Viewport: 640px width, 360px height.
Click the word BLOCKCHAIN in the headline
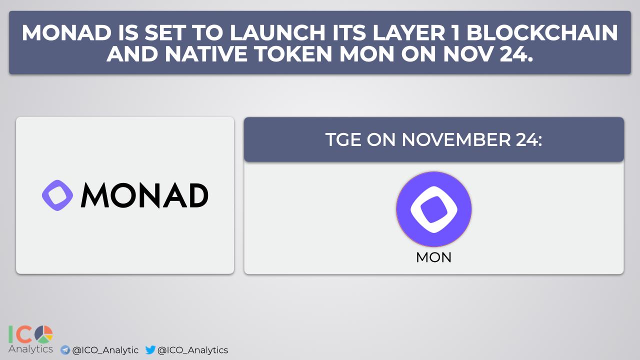click(542, 32)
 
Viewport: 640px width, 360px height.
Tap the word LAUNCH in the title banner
click(277, 32)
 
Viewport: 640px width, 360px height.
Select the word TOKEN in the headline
click(293, 54)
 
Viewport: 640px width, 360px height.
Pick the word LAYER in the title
click(409, 32)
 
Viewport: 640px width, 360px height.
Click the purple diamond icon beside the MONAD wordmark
click(57, 195)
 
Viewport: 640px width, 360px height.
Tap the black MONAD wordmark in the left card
click(144, 195)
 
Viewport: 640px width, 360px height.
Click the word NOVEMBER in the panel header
click(456, 139)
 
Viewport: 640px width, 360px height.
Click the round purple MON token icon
click(433, 209)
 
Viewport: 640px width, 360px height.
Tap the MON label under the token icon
click(433, 257)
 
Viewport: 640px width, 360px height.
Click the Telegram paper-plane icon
click(65, 350)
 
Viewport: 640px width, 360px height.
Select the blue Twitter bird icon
click(150, 349)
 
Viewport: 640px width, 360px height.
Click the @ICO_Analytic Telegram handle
click(105, 350)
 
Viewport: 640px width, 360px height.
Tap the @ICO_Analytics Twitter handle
click(192, 350)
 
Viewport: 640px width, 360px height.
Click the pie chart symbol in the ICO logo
click(43, 334)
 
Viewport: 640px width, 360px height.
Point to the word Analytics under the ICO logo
click(30, 349)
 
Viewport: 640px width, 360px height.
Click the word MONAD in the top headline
click(66, 32)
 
